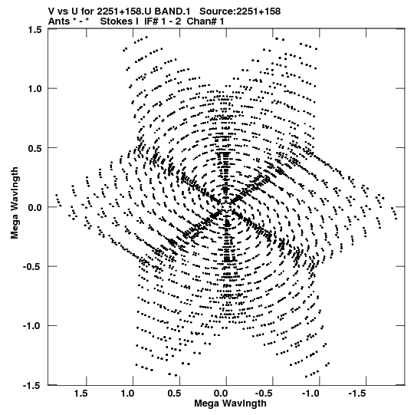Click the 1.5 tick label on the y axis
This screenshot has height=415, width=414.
pos(34,29)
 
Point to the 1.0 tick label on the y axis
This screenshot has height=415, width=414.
pos(34,89)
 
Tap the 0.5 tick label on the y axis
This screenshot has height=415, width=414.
pos(34,148)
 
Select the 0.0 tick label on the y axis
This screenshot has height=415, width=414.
pos(34,207)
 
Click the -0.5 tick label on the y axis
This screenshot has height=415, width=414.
pos(32,266)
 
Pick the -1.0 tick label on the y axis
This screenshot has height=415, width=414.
pos(32,326)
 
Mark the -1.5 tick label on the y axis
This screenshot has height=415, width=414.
pos(32,385)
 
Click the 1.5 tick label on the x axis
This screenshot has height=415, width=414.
pos(80,394)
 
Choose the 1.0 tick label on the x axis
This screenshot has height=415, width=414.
pos(127,394)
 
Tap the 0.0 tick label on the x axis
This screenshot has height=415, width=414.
pos(220,394)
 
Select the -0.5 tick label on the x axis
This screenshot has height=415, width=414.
pos(264,394)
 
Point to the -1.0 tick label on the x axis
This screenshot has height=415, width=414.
pos(310,394)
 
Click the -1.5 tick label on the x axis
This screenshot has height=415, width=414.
pos(357,394)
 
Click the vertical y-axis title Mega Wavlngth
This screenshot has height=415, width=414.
pos(15,203)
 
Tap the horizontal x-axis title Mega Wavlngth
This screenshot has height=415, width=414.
pos(230,403)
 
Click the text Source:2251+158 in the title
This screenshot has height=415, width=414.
pos(240,12)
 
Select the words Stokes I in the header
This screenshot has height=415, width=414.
pos(119,21)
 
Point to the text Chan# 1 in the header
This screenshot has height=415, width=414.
pos(205,21)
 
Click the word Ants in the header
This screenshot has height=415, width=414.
pos(59,21)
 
